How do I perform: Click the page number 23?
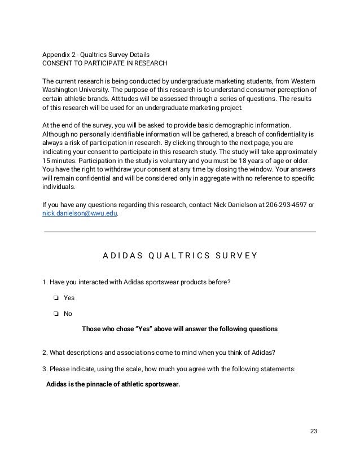pos(314,432)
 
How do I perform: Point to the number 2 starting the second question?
pos(45,354)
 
